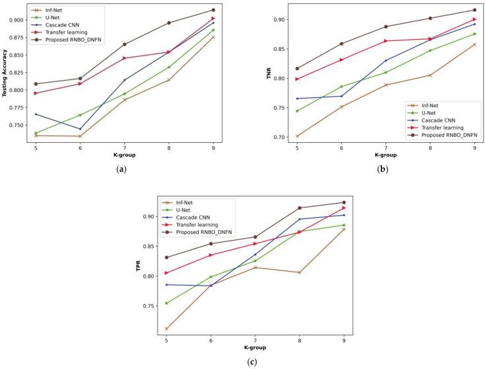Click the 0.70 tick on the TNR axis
pyautogui.click(x=282, y=137)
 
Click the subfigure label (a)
pyautogui.click(x=121, y=170)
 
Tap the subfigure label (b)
pyautogui.click(x=382, y=170)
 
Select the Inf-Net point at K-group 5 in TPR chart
pyautogui.click(x=166, y=329)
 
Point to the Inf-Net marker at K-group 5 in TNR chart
pyautogui.click(x=297, y=136)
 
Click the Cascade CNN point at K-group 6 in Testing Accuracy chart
pyautogui.click(x=81, y=129)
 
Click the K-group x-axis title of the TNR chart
pyautogui.click(x=385, y=155)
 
